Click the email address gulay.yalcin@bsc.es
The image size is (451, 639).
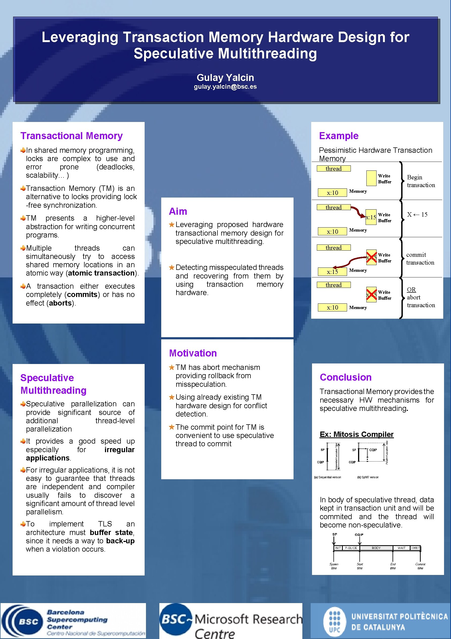tap(225, 87)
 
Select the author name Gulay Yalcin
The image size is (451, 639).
tap(225, 77)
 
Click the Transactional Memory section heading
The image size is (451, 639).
tap(72, 136)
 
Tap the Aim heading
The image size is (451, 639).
tap(178, 211)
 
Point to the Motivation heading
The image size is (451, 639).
tap(193, 353)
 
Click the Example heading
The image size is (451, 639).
tap(339, 136)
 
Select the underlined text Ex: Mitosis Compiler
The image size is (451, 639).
tap(356, 434)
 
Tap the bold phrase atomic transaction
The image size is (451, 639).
tap(101, 273)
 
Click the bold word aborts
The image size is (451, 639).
tap(60, 303)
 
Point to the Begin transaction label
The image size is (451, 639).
tap(421, 181)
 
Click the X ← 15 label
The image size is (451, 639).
tap(417, 215)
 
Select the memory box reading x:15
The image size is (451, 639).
tap(332, 272)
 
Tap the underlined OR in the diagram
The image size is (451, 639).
tap(411, 290)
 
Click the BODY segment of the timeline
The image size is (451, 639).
tap(376, 548)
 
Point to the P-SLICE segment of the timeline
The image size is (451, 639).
tap(351, 548)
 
